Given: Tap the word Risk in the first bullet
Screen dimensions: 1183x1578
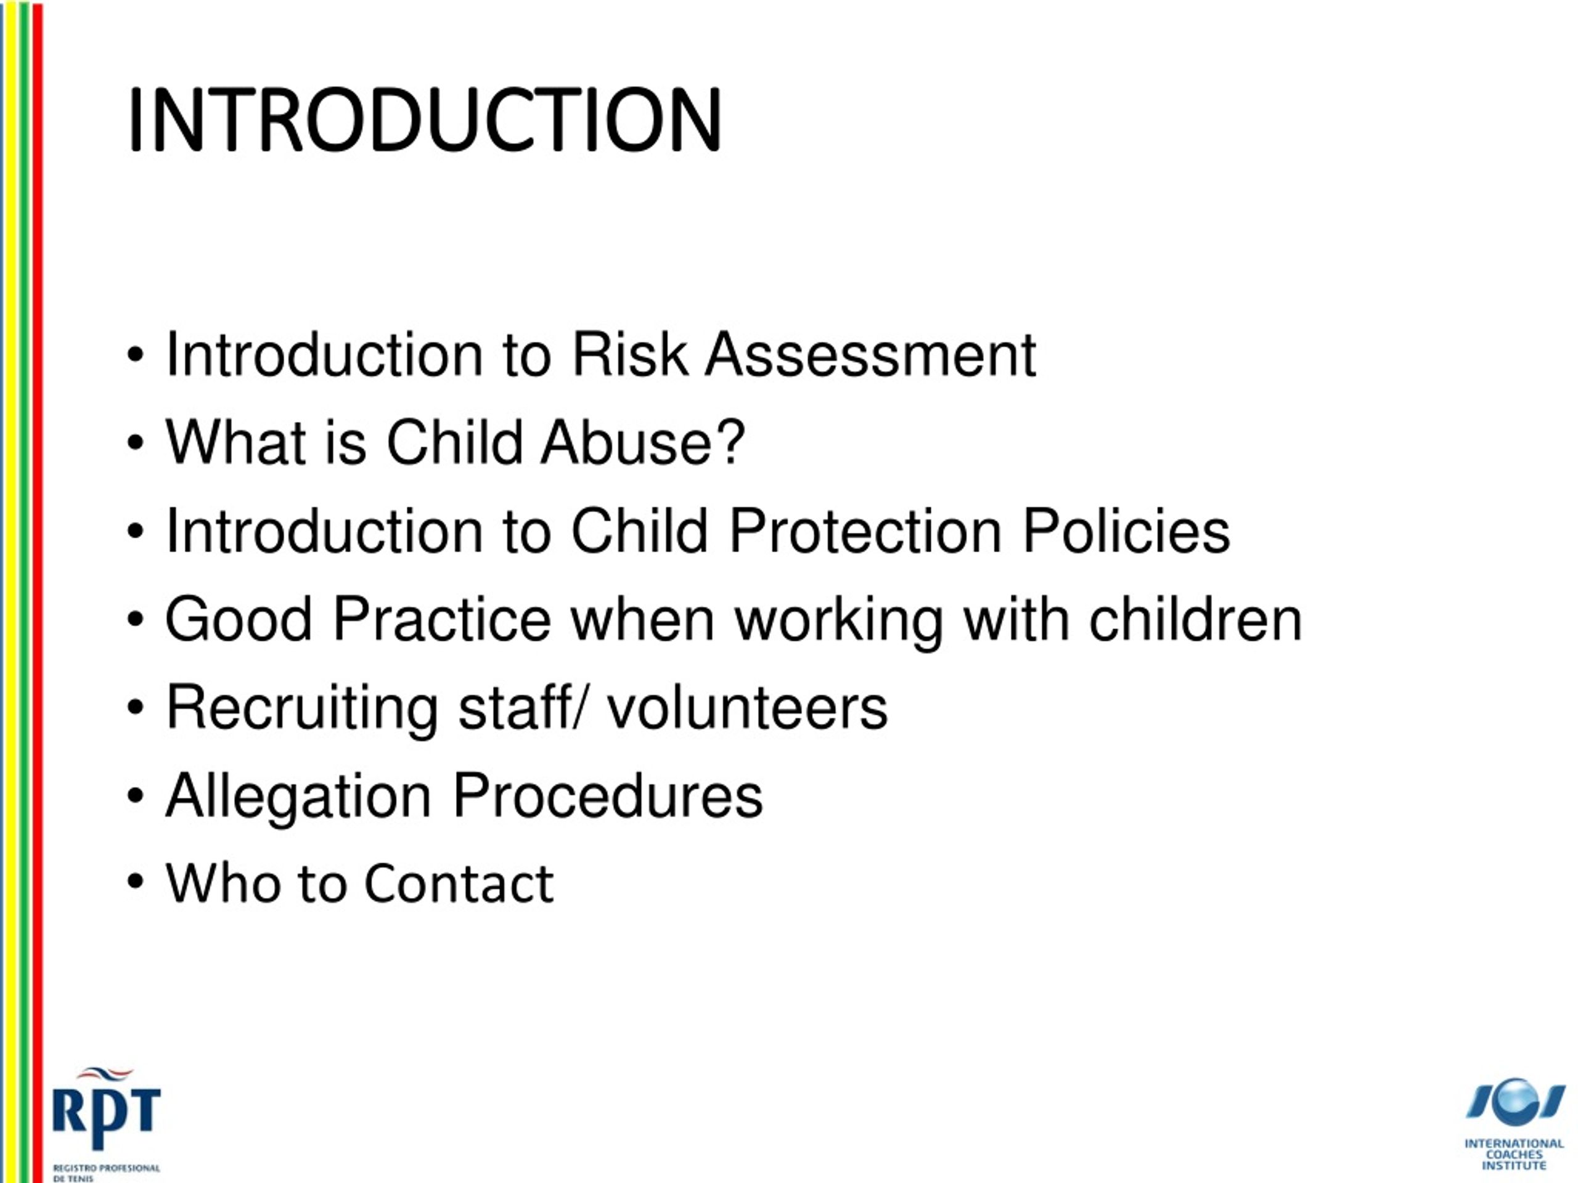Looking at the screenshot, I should click(629, 354).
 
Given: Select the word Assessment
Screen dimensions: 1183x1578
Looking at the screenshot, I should click(870, 354).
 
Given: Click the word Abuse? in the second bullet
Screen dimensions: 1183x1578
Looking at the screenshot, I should click(643, 443).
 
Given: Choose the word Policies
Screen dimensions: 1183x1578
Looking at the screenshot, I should click(1126, 531).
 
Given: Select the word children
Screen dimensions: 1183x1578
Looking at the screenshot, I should click(1196, 620).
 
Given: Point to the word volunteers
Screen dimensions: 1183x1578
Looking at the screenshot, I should click(747, 708).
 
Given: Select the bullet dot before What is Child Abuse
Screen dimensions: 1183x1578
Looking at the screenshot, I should click(136, 443).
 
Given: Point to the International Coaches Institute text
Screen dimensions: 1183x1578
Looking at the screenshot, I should click(1514, 1155).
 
